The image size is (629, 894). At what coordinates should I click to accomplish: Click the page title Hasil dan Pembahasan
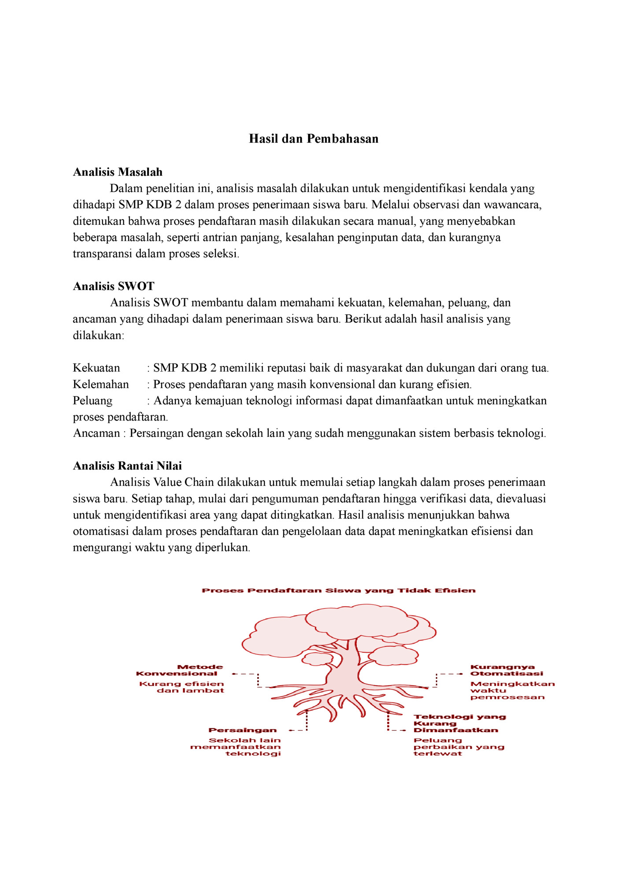[314, 139]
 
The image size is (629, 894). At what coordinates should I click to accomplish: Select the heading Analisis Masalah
[118, 172]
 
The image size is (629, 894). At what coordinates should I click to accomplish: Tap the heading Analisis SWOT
[114, 286]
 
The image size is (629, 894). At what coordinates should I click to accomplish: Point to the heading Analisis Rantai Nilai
[127, 466]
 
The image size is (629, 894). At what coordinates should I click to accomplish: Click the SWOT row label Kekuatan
[96, 368]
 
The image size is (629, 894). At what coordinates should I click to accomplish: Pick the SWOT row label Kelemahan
[101, 384]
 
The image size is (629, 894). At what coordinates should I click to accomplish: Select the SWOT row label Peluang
[92, 401]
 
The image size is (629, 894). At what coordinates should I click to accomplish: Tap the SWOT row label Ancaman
[96, 433]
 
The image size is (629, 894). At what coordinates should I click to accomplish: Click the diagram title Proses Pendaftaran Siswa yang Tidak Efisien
[339, 591]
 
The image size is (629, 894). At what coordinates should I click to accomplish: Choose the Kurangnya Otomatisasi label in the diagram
[506, 670]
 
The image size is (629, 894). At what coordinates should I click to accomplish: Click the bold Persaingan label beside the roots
[242, 730]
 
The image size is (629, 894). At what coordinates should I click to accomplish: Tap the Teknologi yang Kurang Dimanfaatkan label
[459, 723]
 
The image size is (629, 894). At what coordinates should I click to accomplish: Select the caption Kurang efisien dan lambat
[181, 687]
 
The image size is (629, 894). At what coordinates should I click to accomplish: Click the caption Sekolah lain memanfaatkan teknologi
[236, 747]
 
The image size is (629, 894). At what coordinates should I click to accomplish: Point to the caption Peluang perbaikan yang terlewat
[458, 747]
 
